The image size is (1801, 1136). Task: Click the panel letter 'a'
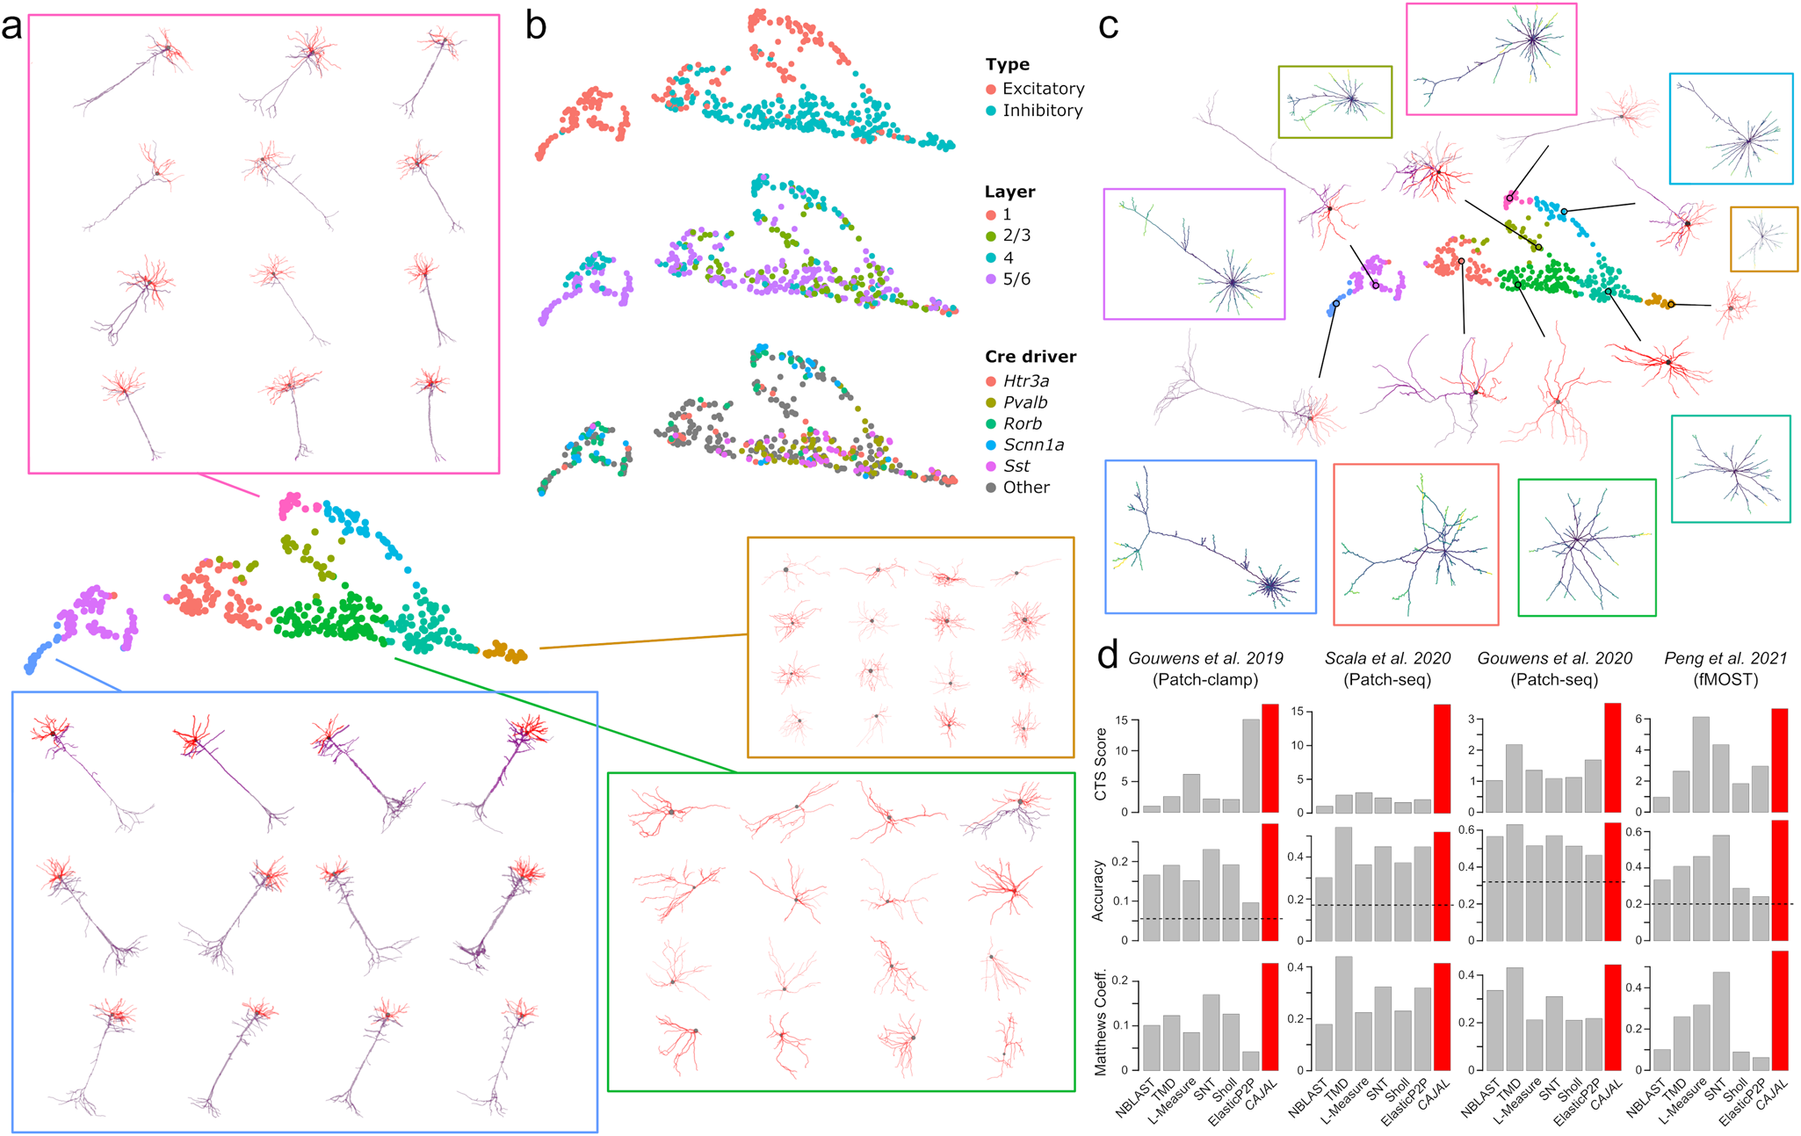point(12,26)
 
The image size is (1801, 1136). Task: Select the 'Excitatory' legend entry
point(1043,89)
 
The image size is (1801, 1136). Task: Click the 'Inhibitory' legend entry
point(1042,111)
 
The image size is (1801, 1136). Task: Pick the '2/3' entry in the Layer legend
point(1016,235)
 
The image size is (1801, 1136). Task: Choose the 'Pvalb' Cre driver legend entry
point(1025,402)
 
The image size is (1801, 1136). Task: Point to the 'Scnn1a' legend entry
point(1033,445)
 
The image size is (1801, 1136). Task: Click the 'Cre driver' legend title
point(1030,357)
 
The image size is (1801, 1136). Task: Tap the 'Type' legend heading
point(1007,65)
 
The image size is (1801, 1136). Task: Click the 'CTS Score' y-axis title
point(1100,763)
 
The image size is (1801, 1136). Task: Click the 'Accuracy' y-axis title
point(1098,891)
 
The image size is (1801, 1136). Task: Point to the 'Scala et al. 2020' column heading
point(1387,658)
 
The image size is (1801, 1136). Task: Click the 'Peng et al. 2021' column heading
point(1725,658)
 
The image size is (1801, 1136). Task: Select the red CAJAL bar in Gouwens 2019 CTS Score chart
point(1270,758)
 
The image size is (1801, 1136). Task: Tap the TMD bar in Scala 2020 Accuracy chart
point(1343,884)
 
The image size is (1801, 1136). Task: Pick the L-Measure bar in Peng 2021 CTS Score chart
point(1701,764)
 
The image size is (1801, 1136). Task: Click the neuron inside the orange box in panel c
point(1763,237)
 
